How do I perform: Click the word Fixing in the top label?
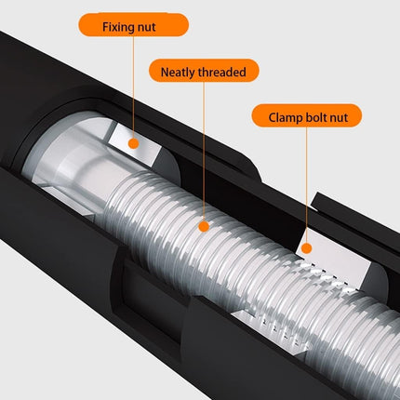[116, 27]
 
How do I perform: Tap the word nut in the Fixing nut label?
[144, 27]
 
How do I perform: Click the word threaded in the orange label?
[222, 72]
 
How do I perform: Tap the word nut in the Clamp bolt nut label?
[339, 118]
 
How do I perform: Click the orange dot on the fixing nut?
[133, 143]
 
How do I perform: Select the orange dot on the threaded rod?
[204, 226]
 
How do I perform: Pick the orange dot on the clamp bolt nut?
[306, 248]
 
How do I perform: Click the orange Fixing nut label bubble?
[133, 25]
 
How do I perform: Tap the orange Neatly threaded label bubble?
[204, 71]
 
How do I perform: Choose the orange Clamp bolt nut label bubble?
[306, 115]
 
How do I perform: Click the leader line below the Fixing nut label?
[133, 87]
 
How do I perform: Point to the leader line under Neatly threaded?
[204, 152]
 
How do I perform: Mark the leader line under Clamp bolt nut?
[306, 185]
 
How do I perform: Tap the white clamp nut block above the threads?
[337, 259]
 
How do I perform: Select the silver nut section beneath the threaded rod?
[273, 332]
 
